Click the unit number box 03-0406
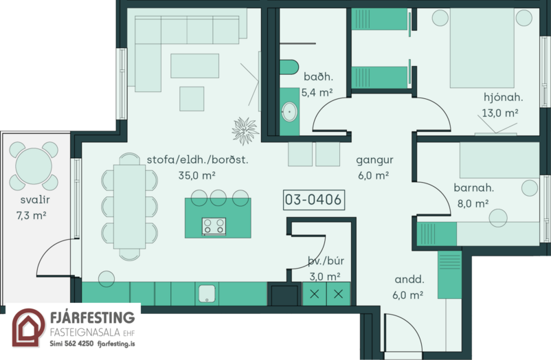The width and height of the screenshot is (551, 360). click(314, 200)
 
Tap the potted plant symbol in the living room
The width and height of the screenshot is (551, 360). click(245, 131)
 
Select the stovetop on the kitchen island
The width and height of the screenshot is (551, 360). click(214, 226)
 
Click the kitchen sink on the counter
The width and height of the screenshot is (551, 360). click(207, 293)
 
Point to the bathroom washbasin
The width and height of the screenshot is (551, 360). click(289, 111)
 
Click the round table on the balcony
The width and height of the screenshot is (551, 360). click(34, 166)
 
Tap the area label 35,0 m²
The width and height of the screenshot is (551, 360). click(196, 175)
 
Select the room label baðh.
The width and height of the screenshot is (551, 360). click(318, 76)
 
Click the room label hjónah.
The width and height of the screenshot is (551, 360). click(503, 98)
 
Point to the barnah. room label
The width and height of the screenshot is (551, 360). click(473, 188)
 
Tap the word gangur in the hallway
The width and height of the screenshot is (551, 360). click(374, 160)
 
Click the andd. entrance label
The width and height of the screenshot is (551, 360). click(409, 280)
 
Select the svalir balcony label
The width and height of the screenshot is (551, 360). click(35, 200)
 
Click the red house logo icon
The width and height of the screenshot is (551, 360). click(28, 328)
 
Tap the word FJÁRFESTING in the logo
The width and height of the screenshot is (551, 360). click(93, 317)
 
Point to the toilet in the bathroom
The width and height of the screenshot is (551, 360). click(289, 67)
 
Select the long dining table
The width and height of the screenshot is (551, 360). click(129, 207)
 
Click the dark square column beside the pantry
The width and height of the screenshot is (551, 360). click(284, 294)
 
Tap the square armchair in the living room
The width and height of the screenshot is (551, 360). click(192, 99)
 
